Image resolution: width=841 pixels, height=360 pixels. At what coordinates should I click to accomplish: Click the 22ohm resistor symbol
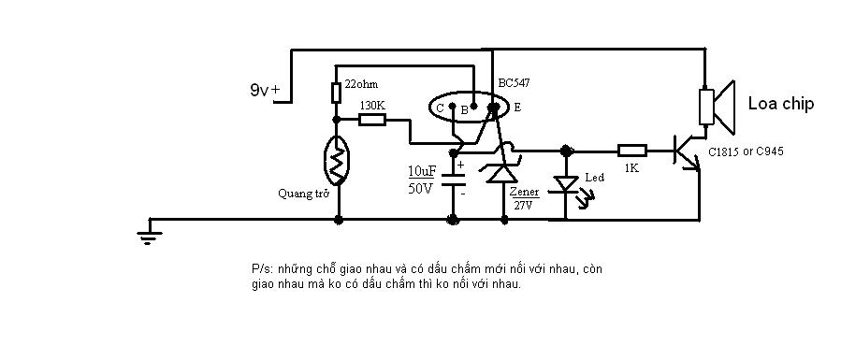[336, 93]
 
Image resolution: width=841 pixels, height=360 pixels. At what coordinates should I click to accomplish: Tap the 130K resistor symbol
[371, 119]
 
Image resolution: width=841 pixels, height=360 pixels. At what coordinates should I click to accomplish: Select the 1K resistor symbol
[631, 151]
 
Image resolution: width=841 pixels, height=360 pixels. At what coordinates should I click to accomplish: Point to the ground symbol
[149, 234]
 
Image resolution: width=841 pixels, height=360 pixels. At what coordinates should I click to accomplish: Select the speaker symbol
[717, 108]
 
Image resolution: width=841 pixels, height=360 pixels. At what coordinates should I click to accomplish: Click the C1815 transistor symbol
[687, 153]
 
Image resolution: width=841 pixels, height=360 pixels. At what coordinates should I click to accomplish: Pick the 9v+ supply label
[265, 90]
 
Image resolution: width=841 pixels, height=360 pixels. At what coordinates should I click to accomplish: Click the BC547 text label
[515, 83]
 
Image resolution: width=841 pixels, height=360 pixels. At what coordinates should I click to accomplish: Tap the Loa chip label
[781, 104]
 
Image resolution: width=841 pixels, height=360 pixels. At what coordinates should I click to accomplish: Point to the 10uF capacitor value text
[422, 171]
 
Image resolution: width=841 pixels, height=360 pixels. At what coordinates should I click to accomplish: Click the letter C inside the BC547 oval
[440, 108]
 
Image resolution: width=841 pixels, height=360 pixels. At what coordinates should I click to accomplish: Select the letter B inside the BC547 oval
[465, 110]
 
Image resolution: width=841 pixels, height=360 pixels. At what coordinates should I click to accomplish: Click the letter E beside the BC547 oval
[517, 108]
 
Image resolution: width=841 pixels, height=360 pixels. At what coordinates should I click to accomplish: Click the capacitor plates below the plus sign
[453, 180]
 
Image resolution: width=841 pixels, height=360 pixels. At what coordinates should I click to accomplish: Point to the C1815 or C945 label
[746, 151]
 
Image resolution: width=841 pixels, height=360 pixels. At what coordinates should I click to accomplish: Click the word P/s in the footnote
[258, 269]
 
